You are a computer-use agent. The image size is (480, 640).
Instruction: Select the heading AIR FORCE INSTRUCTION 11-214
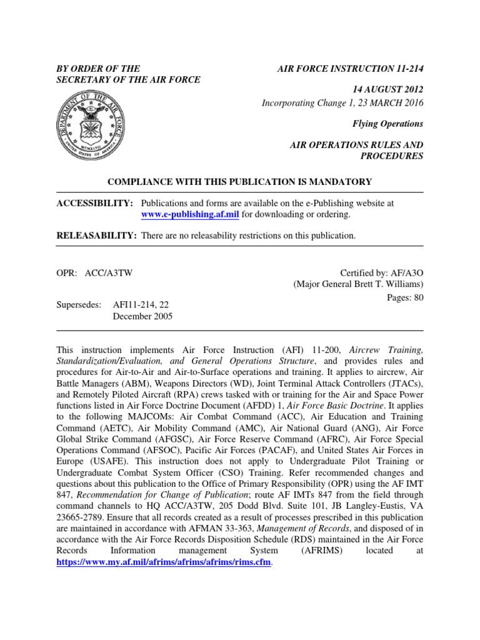coord(350,68)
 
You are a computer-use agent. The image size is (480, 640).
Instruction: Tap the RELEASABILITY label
coord(96,236)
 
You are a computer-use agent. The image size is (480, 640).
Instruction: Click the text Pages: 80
coord(406,297)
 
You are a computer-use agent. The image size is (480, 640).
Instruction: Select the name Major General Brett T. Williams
coord(359,284)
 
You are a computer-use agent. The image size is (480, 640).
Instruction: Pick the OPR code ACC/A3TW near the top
coord(112,272)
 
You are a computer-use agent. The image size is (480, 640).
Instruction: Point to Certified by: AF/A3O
coord(381,272)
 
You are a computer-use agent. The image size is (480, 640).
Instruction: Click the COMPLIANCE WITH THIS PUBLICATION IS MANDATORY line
coord(240,182)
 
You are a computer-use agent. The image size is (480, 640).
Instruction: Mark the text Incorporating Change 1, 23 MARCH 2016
coord(342,103)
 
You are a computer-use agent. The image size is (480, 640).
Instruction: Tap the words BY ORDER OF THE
coord(98,68)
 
